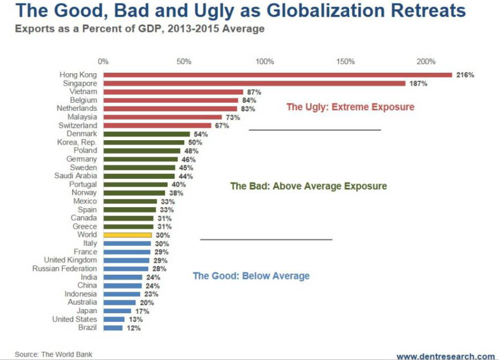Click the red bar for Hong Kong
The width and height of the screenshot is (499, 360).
pyautogui.click(x=277, y=75)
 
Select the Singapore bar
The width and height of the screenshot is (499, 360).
pyautogui.click(x=254, y=83)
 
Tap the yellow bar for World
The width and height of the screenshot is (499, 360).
pyautogui.click(x=127, y=235)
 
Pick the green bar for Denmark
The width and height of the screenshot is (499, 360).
pyautogui.click(x=147, y=134)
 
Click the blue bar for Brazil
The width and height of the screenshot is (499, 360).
pyautogui.click(x=113, y=328)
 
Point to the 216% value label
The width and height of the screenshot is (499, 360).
pyautogui.click(x=465, y=75)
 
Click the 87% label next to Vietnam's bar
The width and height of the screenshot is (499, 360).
pyautogui.click(x=254, y=92)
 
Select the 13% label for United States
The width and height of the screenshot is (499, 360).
pyautogui.click(x=135, y=320)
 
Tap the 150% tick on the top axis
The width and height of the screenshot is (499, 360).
pyautogui.click(x=345, y=62)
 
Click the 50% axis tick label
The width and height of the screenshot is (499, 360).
pyautogui.click(x=184, y=62)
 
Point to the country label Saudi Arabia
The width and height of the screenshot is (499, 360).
pyautogui.click(x=76, y=176)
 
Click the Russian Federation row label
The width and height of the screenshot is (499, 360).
pyautogui.click(x=65, y=268)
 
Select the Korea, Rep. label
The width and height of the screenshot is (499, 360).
pyautogui.click(x=77, y=142)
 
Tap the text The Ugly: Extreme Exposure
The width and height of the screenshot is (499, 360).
pyautogui.click(x=350, y=107)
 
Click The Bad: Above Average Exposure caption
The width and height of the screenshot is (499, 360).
pyautogui.click(x=309, y=186)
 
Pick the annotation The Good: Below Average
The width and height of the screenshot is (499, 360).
pyautogui.click(x=251, y=276)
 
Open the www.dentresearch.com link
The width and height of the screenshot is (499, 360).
pyautogui.click(x=445, y=356)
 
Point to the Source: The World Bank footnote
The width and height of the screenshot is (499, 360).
pyautogui.click(x=54, y=354)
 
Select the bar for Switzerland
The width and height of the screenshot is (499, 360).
pyautogui.click(x=157, y=125)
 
